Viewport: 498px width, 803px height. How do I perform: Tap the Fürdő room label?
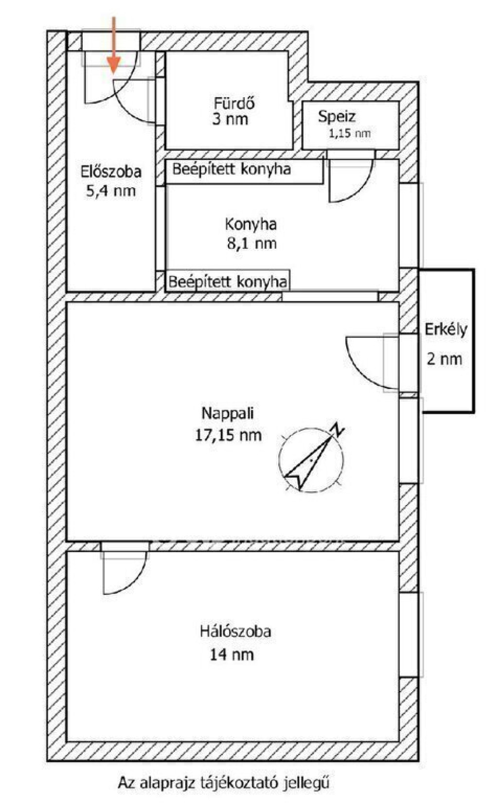tap(234, 103)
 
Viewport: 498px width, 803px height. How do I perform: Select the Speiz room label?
tap(337, 117)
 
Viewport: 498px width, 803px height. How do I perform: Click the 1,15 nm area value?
tap(350, 133)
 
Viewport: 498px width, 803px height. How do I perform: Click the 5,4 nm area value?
tap(111, 191)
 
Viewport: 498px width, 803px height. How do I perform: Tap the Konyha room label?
tap(251, 225)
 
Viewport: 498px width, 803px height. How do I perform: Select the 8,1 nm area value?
tap(251, 244)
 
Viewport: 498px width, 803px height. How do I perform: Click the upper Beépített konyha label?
tap(231, 169)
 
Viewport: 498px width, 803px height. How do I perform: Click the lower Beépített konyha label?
tap(228, 282)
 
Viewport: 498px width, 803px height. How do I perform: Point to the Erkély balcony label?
tap(446, 330)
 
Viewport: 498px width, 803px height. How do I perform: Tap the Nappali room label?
tap(228, 413)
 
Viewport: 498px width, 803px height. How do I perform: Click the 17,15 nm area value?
tap(228, 435)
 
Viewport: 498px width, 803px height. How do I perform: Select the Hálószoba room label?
tap(235, 631)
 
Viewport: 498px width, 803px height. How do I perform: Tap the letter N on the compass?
tap(338, 430)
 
